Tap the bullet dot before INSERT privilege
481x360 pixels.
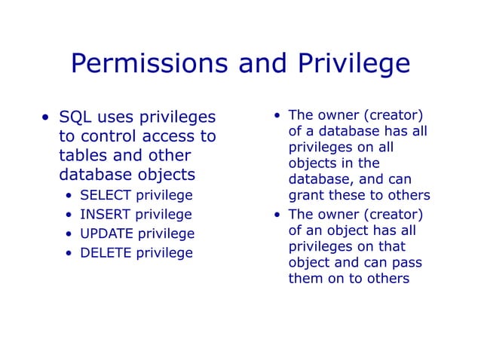(x=69, y=215)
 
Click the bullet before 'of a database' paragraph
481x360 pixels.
(x=278, y=116)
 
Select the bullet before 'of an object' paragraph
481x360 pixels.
(x=278, y=214)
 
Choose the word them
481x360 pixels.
(x=306, y=279)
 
